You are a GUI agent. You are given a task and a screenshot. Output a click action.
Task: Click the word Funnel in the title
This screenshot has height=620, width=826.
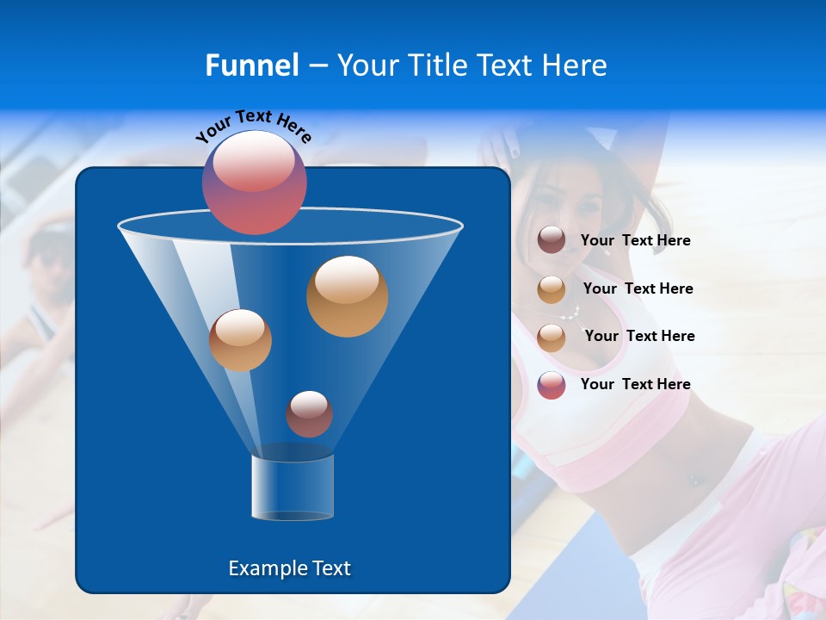tap(251, 65)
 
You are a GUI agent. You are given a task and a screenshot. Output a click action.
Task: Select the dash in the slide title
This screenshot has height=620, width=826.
tap(317, 66)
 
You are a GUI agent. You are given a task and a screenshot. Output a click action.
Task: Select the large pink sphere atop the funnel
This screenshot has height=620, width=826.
tap(255, 183)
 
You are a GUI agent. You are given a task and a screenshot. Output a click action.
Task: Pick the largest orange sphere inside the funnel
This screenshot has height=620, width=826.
tap(348, 295)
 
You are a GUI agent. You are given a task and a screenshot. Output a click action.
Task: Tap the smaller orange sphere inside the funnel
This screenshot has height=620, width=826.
tap(240, 339)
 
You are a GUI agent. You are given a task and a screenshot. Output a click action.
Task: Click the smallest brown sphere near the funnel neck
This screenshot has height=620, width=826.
tap(309, 414)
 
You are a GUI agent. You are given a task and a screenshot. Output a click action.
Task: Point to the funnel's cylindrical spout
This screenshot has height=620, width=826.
tap(292, 487)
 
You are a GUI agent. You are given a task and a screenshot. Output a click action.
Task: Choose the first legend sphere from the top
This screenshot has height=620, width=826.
tap(552, 240)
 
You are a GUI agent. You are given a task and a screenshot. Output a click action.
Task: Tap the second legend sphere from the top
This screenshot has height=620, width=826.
tap(552, 289)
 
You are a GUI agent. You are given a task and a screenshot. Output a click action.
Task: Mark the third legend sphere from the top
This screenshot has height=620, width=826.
tap(552, 337)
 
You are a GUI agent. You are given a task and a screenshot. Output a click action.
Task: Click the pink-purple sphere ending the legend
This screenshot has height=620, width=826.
tap(552, 385)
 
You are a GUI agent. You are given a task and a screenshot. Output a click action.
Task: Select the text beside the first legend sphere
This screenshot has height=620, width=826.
tap(635, 240)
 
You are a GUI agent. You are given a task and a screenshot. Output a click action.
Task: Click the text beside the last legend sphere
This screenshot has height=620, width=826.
tap(635, 384)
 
